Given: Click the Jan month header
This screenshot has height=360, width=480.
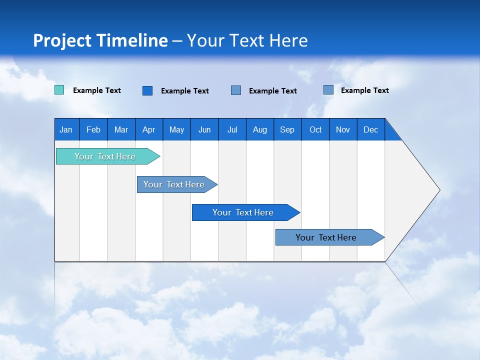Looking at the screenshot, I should (66, 129).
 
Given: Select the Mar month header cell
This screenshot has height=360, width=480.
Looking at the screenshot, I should (121, 129).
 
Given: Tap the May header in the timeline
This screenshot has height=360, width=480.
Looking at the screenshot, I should (176, 129).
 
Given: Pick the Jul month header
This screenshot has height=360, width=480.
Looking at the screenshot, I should (232, 129).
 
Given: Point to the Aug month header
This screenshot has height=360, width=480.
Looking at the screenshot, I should (260, 129).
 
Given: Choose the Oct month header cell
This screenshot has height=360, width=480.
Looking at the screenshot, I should (315, 129).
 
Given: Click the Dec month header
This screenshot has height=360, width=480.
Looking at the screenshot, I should (371, 129).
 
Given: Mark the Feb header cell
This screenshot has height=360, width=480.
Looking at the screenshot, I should (93, 129).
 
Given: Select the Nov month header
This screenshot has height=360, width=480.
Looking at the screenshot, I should (343, 129).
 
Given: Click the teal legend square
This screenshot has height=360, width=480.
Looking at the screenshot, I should (59, 90).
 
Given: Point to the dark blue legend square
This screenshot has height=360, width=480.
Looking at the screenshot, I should (147, 90).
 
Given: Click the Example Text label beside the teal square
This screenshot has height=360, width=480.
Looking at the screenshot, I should (97, 90).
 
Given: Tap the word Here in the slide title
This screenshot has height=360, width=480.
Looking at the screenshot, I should (288, 40).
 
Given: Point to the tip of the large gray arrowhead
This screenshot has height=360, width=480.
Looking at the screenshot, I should (439, 190).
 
